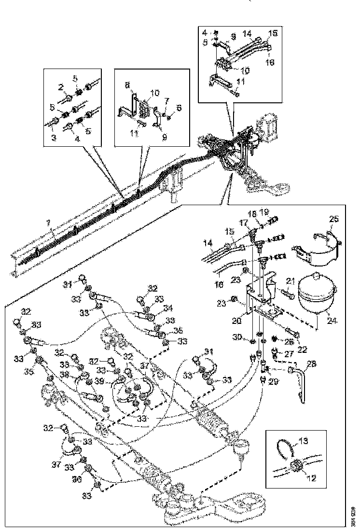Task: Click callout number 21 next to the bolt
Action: pos(290,281)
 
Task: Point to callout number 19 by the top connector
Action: pos(263,212)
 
